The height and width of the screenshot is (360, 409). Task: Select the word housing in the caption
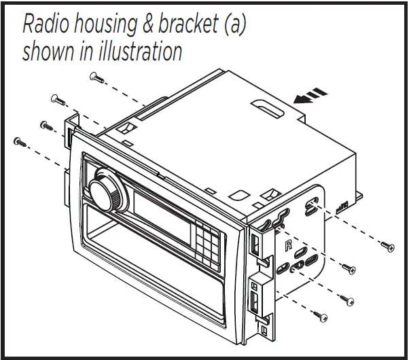[x=108, y=25]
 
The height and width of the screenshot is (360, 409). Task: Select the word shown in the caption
[x=49, y=51]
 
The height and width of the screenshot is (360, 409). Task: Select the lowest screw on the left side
[x=19, y=141]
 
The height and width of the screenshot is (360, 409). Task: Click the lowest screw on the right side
[x=321, y=316]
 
